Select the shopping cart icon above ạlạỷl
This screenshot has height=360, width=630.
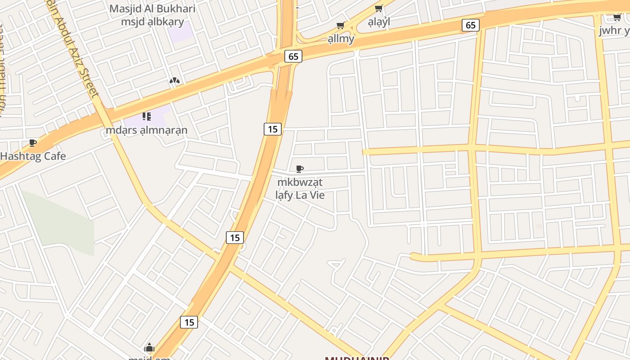[x=379, y=9]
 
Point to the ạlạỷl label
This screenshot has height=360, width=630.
[x=379, y=22]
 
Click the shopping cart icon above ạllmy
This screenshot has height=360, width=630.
[x=341, y=26]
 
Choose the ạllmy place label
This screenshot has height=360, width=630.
[x=341, y=39]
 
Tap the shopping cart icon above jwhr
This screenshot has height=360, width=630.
[x=617, y=18]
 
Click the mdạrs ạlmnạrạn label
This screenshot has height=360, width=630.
[x=146, y=130]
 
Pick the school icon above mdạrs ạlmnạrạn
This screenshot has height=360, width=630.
[x=146, y=117]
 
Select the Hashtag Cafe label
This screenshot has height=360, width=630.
[x=33, y=156]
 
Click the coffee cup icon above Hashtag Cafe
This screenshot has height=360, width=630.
[x=33, y=143]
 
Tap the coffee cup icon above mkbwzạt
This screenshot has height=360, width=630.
[x=300, y=169]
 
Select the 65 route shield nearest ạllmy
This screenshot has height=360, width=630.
[x=293, y=56]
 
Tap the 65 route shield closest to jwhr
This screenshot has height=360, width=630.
[x=470, y=25]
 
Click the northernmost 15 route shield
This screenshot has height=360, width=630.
[x=272, y=129]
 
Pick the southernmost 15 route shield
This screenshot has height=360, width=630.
[x=189, y=322]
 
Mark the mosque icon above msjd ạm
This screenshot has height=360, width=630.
[x=149, y=347]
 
